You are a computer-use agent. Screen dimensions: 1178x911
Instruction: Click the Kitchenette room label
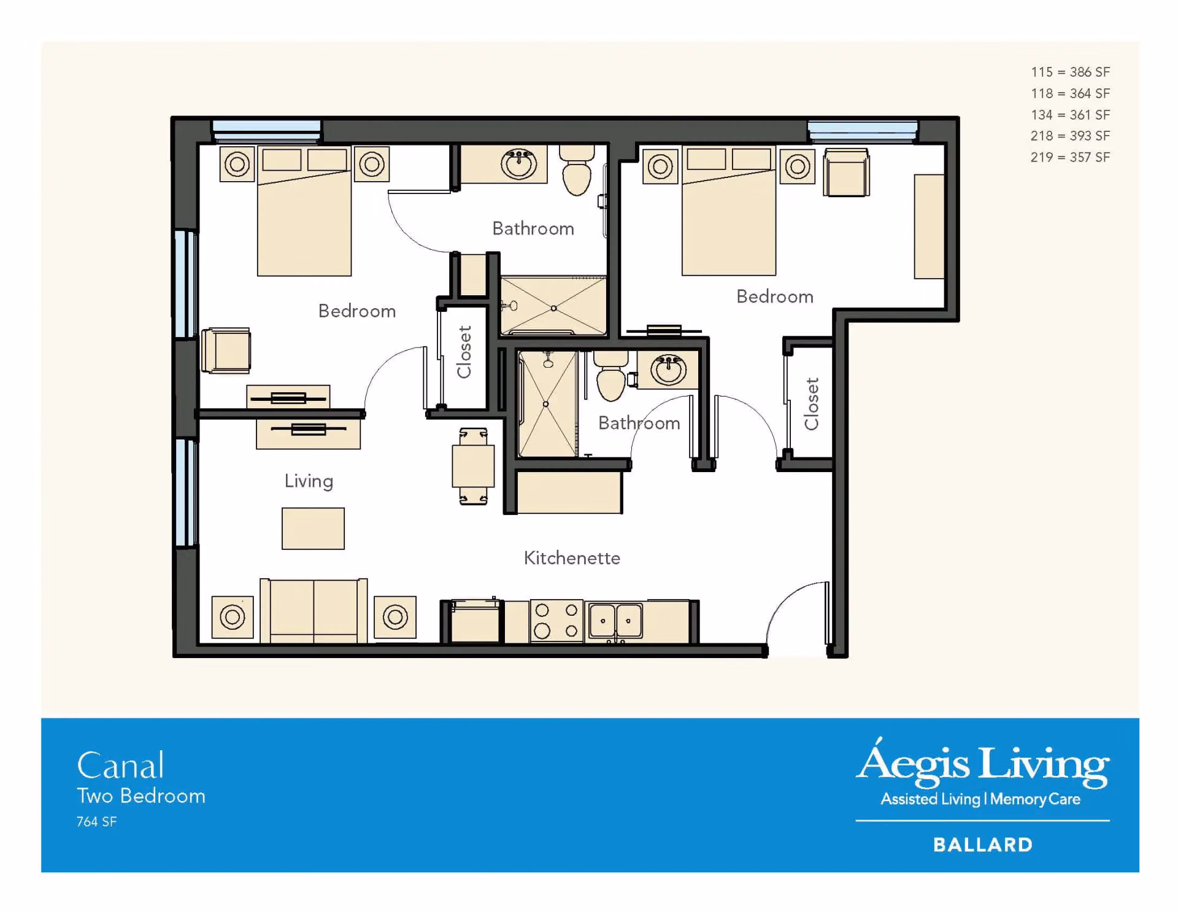572,558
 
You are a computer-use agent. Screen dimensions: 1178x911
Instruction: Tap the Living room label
309,481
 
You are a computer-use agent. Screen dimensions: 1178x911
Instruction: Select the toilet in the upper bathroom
577,170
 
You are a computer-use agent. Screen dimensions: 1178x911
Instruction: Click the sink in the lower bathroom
668,370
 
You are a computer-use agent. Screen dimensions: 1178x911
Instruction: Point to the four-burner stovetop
556,621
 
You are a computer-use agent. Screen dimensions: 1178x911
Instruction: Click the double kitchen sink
615,621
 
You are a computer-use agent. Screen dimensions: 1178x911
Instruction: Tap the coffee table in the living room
313,529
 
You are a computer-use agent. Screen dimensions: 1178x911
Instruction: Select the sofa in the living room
314,611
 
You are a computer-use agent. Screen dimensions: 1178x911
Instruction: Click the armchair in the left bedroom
226,351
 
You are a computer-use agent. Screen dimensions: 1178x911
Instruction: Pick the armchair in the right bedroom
846,173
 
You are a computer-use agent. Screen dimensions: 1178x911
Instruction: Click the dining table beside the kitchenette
473,467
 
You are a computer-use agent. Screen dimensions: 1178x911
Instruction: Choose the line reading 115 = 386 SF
1070,72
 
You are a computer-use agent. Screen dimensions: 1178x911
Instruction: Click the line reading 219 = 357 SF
1070,157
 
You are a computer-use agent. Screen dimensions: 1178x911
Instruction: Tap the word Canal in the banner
121,766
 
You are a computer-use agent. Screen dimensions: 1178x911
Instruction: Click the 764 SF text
96,822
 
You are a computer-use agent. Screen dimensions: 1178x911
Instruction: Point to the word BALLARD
983,845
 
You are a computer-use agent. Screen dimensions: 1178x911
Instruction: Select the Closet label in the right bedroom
812,404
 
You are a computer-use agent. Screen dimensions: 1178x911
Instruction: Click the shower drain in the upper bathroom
553,308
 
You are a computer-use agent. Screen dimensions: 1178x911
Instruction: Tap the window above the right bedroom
862,131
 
